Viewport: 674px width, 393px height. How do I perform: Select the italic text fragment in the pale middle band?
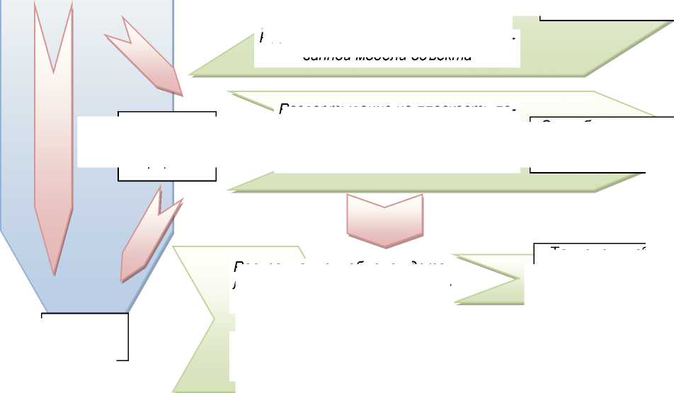click(393, 108)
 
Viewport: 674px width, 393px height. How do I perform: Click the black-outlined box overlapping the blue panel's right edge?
click(167, 145)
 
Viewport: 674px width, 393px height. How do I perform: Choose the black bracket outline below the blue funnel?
click(86, 336)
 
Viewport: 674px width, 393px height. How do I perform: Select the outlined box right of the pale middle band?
click(588, 145)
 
